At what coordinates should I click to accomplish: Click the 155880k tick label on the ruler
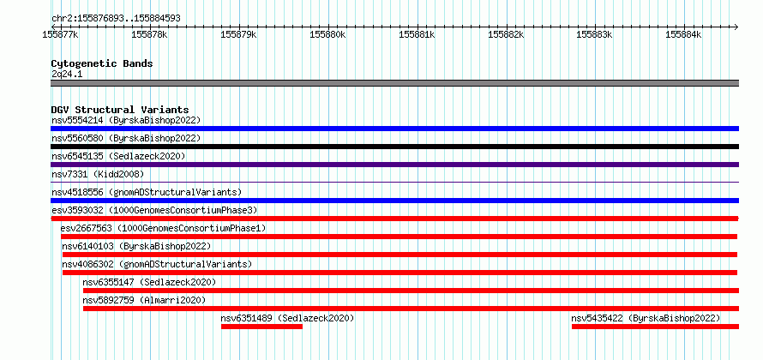coord(328,34)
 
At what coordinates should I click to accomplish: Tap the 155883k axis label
coord(595,34)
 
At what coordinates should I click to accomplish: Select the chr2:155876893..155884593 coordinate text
coord(117,19)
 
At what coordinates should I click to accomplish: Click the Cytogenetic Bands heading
coord(102,63)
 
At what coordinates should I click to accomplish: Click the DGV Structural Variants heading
coord(120,110)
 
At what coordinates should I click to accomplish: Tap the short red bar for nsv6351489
coord(261,327)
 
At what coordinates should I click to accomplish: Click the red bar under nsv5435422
coord(656,327)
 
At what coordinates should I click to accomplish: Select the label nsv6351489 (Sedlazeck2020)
coord(287,318)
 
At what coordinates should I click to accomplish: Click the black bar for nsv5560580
coord(394,147)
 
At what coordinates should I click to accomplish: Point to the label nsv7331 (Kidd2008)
coord(98,174)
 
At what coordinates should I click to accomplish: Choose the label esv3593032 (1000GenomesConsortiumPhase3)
coord(154,210)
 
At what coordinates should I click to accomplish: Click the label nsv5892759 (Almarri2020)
coord(144,300)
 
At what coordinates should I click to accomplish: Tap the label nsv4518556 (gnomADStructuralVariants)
coord(147,192)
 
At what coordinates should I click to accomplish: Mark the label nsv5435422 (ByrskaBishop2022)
coord(646,318)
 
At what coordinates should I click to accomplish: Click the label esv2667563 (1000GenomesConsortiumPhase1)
coord(163,228)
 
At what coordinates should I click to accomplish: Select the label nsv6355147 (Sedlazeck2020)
coord(149,282)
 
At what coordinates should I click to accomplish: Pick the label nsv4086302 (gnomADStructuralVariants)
coord(157,264)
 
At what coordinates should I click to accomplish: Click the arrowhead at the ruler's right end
coord(736,27)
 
